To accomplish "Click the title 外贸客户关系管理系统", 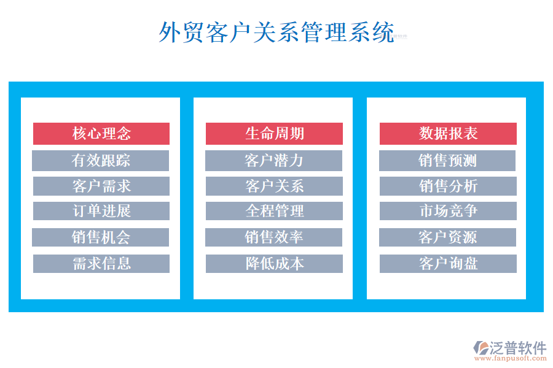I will pos(276,33).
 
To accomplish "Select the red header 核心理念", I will pos(101,134).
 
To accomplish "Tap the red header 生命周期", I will pos(274,134).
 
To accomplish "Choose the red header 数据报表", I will pos(448,134).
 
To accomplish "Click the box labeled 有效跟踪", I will pos(101,161).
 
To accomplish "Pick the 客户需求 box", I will pos(101,186).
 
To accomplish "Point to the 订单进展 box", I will pos(101,211).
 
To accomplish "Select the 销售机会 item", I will pos(101,237).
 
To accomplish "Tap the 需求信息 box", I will pos(101,264).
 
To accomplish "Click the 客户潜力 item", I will pos(274,161).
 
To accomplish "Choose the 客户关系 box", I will pos(274,186).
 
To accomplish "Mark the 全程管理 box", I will pos(274,211).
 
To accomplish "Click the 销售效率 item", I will pos(274,237).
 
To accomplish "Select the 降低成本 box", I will pos(274,264).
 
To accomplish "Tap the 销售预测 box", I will pos(447,161).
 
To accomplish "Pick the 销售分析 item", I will pos(448,186).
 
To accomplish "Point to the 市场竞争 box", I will pos(448,211).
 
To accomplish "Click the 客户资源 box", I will pos(447,237).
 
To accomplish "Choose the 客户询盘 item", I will pos(448,264).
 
